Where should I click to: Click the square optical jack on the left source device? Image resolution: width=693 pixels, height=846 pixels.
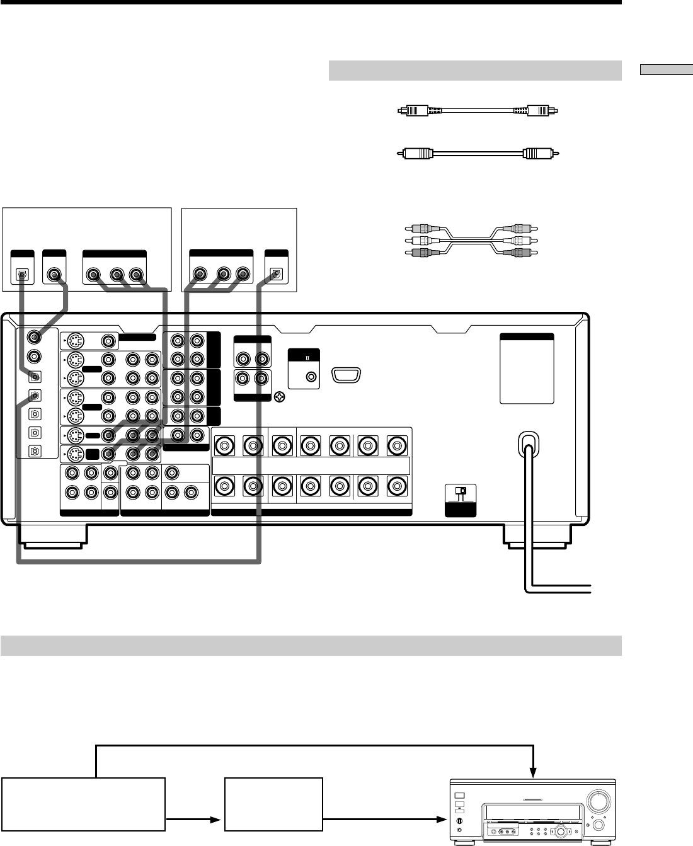tap(21, 275)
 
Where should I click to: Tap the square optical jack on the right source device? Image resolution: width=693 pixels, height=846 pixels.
tap(275, 275)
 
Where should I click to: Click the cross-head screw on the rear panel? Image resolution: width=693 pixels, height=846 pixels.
tap(280, 397)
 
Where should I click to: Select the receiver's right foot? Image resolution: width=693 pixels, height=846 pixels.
tap(538, 535)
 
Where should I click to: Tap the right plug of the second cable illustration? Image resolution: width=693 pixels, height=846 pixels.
tap(542, 153)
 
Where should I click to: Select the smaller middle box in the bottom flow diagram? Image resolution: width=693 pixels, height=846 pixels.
tap(274, 804)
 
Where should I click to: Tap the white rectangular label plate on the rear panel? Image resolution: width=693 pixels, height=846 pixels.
tap(527, 369)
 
